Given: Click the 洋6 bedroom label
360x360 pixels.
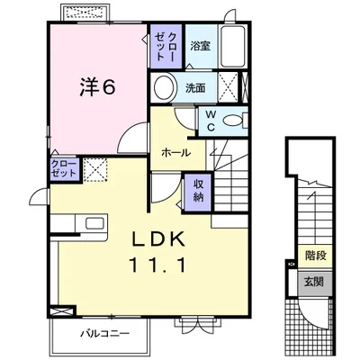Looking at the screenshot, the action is [97, 87].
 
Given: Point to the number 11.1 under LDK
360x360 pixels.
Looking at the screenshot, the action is [157, 265].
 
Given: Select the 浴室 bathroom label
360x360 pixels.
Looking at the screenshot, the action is [200, 46].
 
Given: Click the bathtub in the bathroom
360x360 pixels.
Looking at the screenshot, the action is [233, 46].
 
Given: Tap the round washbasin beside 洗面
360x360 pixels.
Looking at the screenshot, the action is [164, 87].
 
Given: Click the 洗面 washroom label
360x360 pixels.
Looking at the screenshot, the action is [195, 88].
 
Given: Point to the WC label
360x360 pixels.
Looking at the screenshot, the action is [211, 121].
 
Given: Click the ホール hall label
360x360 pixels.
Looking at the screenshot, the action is [175, 153].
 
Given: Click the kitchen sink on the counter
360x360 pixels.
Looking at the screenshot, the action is [94, 223].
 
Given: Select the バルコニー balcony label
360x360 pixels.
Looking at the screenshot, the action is [105, 333].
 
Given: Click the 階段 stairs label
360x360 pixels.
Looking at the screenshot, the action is [316, 256].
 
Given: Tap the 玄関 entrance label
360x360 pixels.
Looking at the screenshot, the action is [314, 282].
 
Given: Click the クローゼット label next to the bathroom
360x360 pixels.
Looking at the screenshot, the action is [165, 47].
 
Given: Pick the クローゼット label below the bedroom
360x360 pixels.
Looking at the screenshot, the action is [64, 168].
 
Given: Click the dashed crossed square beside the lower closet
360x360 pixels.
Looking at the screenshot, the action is [95, 170].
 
